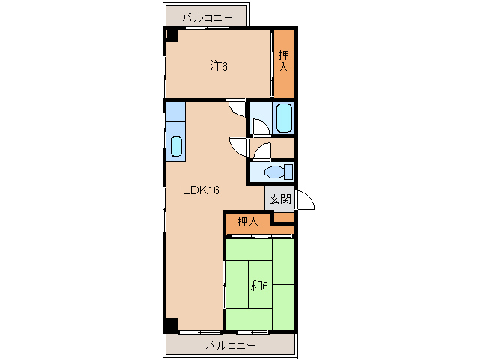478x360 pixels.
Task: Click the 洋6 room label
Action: tap(219, 66)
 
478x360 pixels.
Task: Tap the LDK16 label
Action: tap(202, 190)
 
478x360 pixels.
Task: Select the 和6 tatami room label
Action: tap(259, 286)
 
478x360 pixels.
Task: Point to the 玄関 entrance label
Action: tap(280, 199)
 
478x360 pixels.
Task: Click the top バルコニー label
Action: tap(208, 18)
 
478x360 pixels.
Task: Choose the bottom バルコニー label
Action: tap(231, 346)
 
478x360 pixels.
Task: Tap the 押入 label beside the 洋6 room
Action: tap(284, 61)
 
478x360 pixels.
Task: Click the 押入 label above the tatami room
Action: tap(248, 222)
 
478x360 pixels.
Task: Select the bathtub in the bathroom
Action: tap(284, 118)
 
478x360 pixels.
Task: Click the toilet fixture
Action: tap(279, 172)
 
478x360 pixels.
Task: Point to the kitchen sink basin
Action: tap(176, 146)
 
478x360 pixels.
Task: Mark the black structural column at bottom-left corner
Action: tap(172, 325)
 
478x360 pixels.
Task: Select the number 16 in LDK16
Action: tap(214, 190)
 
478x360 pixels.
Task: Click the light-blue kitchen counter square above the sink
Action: tap(175, 112)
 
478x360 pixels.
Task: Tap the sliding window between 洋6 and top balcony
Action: tap(208, 28)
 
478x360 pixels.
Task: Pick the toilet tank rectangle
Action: tap(288, 172)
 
